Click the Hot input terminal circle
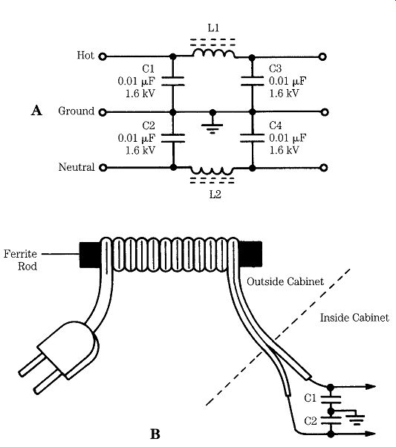point(103,56)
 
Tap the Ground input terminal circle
point(103,112)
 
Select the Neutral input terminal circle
point(103,168)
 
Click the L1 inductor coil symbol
point(214,53)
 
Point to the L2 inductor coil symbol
point(212,171)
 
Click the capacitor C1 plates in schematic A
point(173,81)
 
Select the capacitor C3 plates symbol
point(252,81)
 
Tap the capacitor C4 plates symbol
point(252,137)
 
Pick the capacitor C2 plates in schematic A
point(173,137)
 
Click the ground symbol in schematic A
point(212,128)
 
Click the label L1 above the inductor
point(213,28)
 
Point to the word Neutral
point(77,167)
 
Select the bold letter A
point(36,111)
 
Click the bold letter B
point(155,434)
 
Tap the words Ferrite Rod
point(20,260)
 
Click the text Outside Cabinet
point(285,281)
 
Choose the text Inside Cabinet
point(354,318)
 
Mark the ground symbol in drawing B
point(355,420)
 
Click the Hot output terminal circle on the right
point(322,56)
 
